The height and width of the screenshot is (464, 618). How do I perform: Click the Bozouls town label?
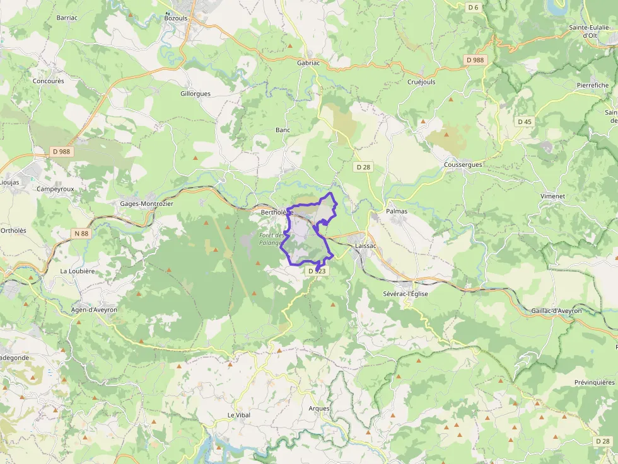(176, 18)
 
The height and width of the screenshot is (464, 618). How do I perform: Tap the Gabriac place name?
(309, 63)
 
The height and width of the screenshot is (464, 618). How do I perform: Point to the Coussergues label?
(463, 165)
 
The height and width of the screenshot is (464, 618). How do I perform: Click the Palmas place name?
(397, 212)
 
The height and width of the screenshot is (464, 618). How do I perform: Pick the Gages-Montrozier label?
(146, 204)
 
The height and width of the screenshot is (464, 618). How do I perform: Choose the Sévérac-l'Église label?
(405, 294)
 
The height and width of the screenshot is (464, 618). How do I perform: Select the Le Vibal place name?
(239, 416)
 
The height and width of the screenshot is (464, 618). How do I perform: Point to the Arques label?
(319, 409)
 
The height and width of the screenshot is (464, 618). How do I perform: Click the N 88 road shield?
(81, 234)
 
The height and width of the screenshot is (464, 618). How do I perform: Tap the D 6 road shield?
(474, 8)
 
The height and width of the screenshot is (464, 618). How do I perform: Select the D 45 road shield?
(525, 122)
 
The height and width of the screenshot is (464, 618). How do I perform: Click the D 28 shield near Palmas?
(363, 167)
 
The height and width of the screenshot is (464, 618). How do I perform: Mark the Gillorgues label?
(195, 94)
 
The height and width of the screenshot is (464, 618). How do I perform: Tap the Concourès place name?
(49, 81)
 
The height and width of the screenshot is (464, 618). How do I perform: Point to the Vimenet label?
(552, 196)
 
